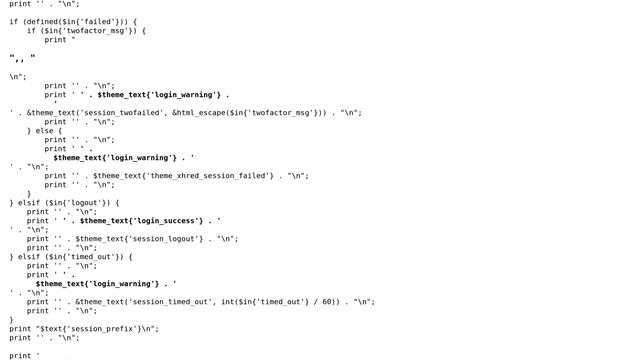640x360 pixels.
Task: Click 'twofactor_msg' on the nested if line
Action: (92, 30)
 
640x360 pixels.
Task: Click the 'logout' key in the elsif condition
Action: (81, 202)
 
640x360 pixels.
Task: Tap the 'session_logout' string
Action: (167, 239)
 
